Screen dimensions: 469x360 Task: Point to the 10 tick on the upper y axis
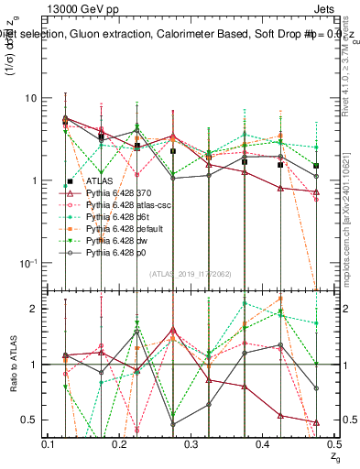coord(30,98)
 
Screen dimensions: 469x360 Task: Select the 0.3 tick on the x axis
coord(191,444)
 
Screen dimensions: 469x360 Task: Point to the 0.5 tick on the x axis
coord(333,444)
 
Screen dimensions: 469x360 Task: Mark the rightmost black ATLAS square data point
coord(316,167)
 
